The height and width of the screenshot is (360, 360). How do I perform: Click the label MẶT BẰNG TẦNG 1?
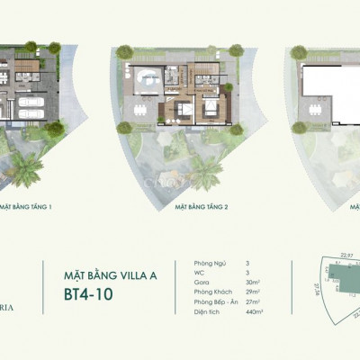click(x=26, y=206)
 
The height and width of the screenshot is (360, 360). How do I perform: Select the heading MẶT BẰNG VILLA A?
click(x=111, y=267)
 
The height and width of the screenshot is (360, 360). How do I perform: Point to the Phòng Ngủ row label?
click(x=209, y=262)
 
